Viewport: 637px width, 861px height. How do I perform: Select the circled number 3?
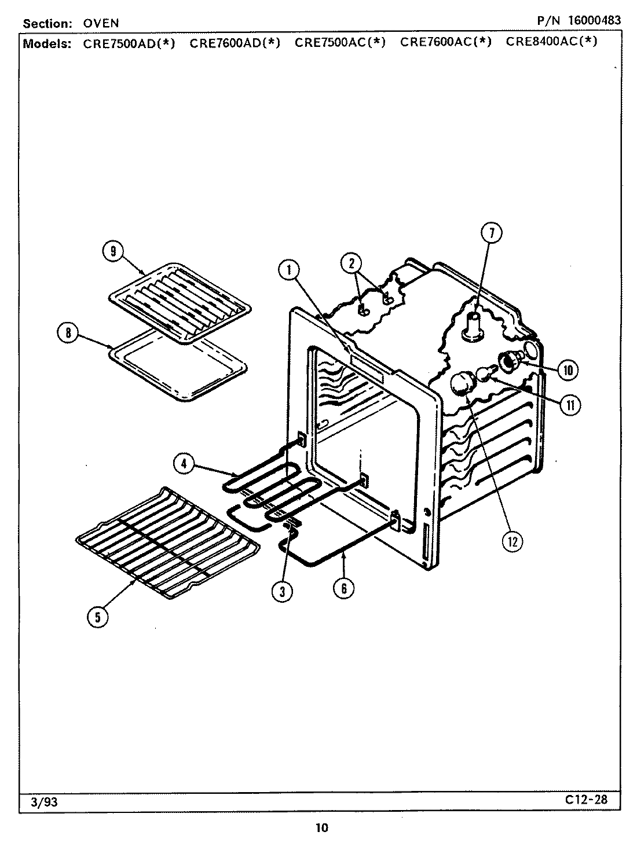(281, 591)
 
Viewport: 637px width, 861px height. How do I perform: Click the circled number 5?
(97, 617)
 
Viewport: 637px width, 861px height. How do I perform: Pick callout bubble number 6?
(343, 588)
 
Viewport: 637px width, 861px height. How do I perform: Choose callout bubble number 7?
(491, 233)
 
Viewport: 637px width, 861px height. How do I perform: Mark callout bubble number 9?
(112, 251)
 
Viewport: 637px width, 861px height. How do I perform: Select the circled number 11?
(570, 405)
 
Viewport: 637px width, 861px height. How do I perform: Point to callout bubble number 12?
(512, 541)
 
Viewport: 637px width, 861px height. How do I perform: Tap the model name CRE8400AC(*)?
(551, 42)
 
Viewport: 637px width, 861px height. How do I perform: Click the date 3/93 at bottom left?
(40, 802)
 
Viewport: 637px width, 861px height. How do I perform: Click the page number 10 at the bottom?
(322, 827)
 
